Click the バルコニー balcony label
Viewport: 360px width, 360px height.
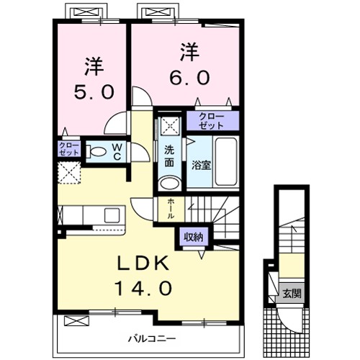coord(153,338)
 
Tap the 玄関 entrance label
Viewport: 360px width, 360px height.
coord(292,294)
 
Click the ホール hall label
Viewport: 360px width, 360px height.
coord(170,208)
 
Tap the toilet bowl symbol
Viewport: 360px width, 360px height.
coord(96,152)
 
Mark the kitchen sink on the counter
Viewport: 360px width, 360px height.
coord(113,215)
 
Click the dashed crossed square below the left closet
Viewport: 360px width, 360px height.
coord(70,173)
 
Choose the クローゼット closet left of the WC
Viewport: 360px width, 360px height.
coord(69,150)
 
